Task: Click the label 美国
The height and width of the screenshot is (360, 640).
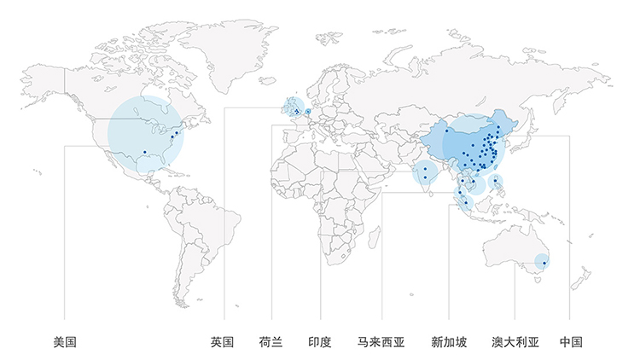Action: click(x=65, y=342)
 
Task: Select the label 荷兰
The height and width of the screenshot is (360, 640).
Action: click(x=271, y=342)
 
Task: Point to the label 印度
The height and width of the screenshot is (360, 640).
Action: click(x=320, y=342)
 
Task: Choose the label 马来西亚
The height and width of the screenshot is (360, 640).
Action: click(x=381, y=342)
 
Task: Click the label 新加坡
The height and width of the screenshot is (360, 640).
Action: click(x=449, y=342)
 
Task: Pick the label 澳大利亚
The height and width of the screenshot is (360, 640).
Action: click(x=515, y=342)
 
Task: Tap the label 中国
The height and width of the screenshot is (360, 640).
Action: click(x=571, y=342)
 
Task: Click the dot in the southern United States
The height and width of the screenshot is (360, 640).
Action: click(x=145, y=152)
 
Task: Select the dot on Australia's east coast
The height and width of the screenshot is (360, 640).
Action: click(x=544, y=263)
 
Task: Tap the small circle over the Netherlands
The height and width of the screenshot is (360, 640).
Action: click(x=308, y=111)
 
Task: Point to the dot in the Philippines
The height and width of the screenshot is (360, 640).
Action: click(x=497, y=181)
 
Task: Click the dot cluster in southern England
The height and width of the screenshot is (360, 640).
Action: click(x=296, y=111)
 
